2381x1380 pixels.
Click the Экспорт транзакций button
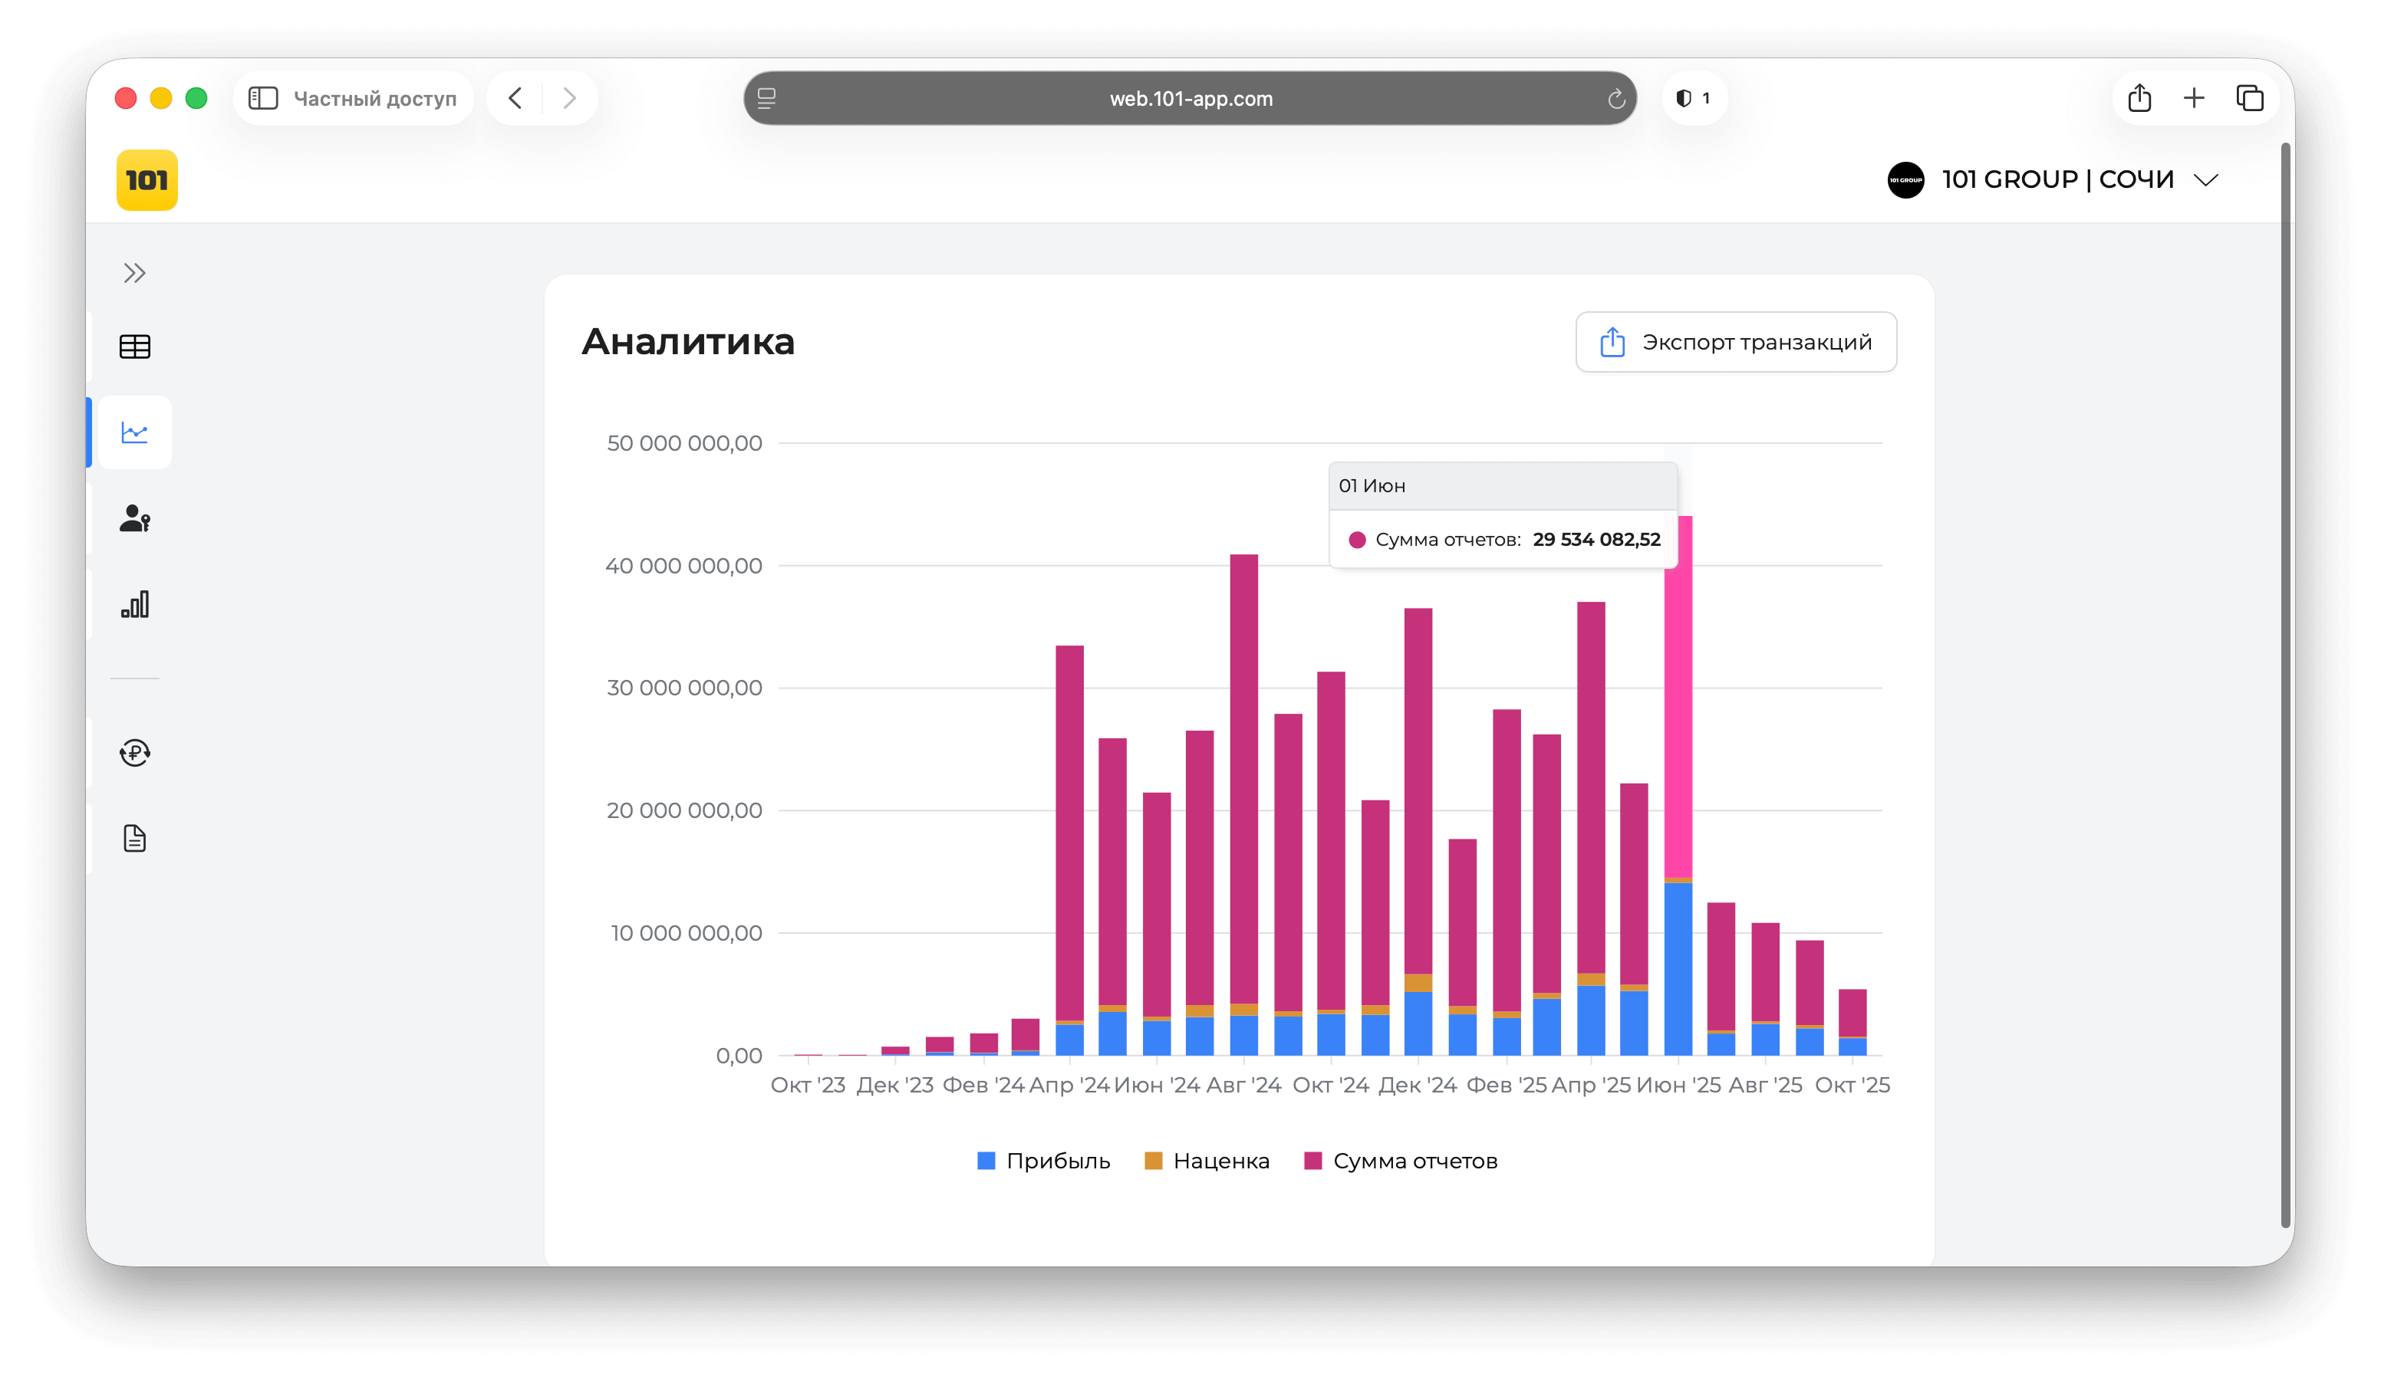click(1736, 342)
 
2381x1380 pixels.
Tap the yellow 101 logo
click(147, 179)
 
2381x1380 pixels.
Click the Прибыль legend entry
click(1043, 1161)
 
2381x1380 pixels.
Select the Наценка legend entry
click(1207, 1161)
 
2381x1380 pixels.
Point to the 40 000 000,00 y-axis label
click(683, 566)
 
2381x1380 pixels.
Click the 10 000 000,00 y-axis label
click(685, 933)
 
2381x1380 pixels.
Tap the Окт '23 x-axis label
click(808, 1086)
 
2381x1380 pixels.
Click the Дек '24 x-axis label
click(1418, 1086)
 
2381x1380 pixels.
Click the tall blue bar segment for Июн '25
click(1678, 968)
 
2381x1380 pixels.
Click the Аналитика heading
click(688, 342)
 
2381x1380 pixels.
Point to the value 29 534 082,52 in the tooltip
click(1596, 539)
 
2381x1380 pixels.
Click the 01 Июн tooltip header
click(1372, 485)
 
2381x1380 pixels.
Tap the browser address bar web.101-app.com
click(1190, 98)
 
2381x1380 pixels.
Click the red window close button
click(126, 98)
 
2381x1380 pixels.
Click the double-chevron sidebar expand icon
click(134, 274)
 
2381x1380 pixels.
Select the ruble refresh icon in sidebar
click(134, 753)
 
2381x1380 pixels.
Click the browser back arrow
click(515, 98)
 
